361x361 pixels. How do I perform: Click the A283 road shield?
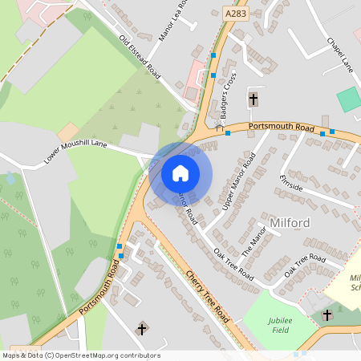pos(235,14)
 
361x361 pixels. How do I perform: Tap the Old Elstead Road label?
pos(140,58)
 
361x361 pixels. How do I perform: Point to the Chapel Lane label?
pos(340,52)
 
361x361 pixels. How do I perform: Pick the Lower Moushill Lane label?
pos(75,153)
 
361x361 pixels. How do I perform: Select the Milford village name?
pos(290,221)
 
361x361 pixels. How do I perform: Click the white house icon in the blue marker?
pos(180,172)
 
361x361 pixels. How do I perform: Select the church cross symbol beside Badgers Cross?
pos(254,99)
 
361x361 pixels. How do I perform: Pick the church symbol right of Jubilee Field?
pos(327,315)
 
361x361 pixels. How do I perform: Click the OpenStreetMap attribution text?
pos(81,355)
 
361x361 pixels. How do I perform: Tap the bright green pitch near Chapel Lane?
pos(349,99)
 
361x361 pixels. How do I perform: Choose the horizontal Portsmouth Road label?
pos(281,127)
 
